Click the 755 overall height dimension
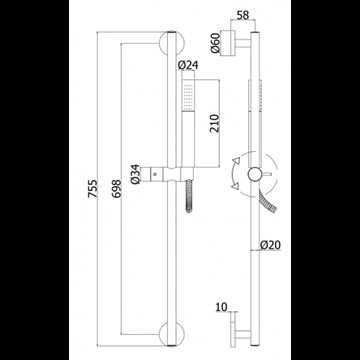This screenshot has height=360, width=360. tap(93, 189)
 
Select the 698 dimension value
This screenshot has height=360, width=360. tap(116, 189)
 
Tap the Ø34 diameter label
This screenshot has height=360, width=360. tap(135, 174)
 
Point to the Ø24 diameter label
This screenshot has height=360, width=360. tap(188, 65)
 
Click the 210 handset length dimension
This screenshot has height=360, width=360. tap(215, 123)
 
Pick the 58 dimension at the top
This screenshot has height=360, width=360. tap(243, 15)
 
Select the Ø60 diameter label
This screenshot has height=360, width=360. tap(215, 43)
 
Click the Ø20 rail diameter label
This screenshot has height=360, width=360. tap(271, 245)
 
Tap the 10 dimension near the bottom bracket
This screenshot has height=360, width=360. tap(221, 307)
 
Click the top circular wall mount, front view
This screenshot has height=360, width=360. tap(169, 43)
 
